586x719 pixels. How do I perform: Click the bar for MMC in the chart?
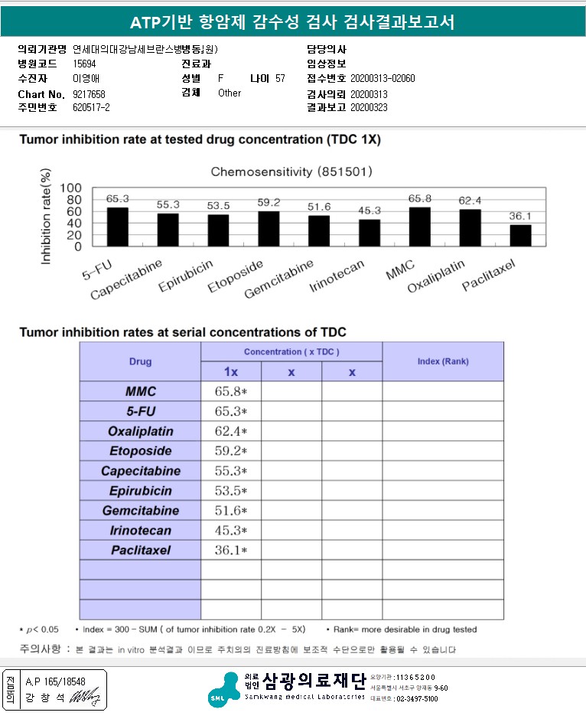click(420, 227)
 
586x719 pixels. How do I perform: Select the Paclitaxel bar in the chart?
click(520, 235)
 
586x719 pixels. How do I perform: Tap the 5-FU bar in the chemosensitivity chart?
click(117, 227)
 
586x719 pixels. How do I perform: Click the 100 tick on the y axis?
click(70, 188)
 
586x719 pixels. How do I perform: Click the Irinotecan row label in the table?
click(140, 531)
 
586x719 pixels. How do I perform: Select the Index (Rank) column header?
click(443, 361)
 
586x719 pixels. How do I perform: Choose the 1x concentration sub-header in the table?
click(230, 371)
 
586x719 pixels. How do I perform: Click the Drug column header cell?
click(140, 361)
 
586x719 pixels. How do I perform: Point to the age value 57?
click(280, 79)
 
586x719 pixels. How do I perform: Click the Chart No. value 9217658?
click(90, 93)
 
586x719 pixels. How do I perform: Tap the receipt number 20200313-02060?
click(383, 79)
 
